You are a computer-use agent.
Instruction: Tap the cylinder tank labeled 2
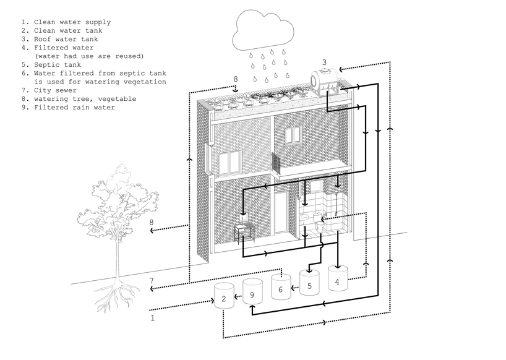pos(223,297)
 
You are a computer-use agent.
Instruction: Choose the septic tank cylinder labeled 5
pos(309,281)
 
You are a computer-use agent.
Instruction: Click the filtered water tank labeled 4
pos(337,278)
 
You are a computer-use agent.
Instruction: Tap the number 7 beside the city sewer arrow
pos(151,281)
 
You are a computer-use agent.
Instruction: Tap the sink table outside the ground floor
pos(246,229)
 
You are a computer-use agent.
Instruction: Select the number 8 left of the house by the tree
pos(152,223)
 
